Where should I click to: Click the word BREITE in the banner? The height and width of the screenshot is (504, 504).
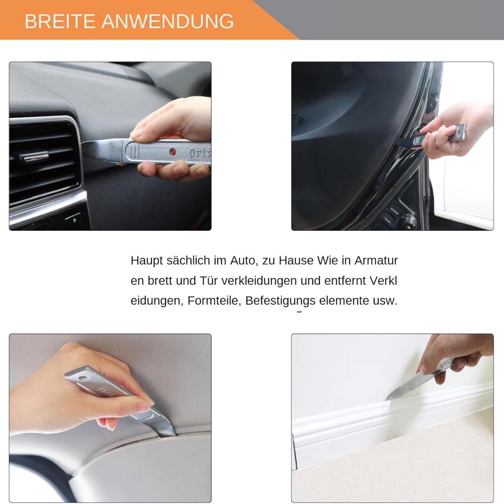[x=60, y=22]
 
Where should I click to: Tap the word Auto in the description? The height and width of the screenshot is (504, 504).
[x=242, y=260]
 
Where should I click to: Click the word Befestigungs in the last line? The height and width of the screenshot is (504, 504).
[x=280, y=301]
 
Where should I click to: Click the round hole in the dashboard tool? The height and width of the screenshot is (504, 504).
[x=173, y=152]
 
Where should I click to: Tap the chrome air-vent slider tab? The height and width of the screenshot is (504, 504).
[x=35, y=156]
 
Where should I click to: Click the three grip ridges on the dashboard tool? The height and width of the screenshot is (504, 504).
[x=135, y=152]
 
